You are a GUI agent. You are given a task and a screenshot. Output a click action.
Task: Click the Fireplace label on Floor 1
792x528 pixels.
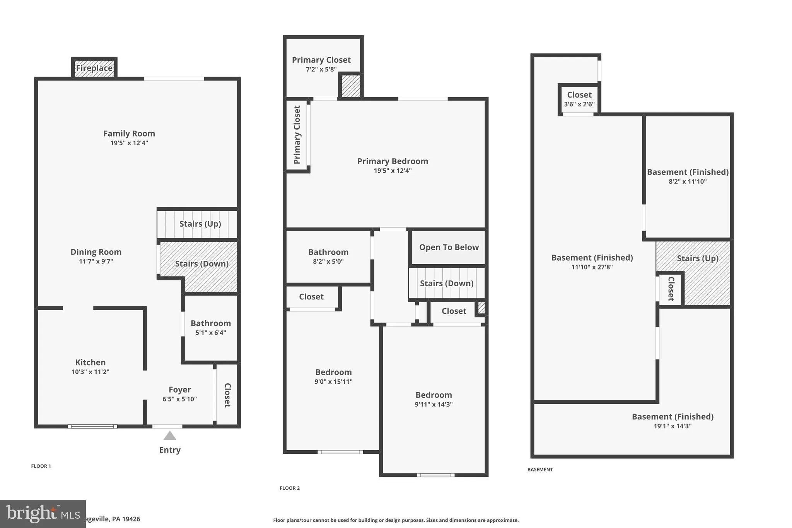coord(94,68)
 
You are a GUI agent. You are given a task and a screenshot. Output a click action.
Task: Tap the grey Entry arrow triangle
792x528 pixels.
coord(170,436)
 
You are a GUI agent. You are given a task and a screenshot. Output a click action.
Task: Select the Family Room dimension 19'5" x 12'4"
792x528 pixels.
coord(129,143)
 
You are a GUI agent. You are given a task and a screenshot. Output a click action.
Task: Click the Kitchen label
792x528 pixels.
coord(90,362)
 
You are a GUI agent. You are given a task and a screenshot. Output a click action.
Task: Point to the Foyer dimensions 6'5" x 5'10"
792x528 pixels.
coord(179,399)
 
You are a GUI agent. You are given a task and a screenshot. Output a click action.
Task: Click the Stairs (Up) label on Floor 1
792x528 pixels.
coord(200,224)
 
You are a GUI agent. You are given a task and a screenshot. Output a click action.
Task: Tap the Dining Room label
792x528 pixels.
coord(96,252)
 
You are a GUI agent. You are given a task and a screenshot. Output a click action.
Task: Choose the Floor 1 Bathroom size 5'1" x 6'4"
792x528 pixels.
coord(210,333)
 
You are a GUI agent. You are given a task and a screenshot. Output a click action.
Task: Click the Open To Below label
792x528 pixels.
coord(449,247)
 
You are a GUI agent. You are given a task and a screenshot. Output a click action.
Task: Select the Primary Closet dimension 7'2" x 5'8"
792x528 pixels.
coord(321,70)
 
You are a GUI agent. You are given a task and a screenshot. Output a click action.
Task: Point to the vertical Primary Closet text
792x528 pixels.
coord(297,135)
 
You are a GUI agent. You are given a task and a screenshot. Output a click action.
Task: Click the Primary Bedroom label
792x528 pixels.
coord(393,161)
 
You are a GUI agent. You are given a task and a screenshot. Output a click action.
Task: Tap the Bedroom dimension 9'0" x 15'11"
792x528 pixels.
coord(333,382)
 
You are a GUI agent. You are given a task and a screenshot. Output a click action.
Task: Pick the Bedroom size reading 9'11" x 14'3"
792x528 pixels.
coord(434,405)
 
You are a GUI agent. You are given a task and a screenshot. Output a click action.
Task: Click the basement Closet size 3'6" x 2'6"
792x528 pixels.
coord(579,104)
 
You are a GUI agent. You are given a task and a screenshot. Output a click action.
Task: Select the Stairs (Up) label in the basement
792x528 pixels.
coord(697,258)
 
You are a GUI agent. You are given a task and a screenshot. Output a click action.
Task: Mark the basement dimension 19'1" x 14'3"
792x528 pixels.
coord(673,426)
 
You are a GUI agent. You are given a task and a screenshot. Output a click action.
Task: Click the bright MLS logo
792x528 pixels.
coord(43,514)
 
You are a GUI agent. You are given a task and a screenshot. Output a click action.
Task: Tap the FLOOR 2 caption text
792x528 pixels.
coord(290,488)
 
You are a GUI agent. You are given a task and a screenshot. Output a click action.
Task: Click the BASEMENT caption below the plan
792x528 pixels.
coord(540,470)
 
